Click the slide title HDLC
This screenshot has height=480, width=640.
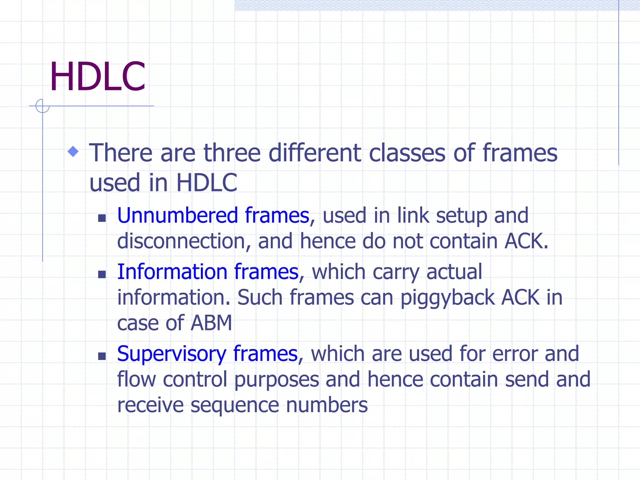[x=97, y=77]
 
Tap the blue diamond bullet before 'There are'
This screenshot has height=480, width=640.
[x=73, y=152]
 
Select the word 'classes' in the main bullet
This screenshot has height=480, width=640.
[x=407, y=153]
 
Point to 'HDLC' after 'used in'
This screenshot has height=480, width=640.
[x=207, y=182]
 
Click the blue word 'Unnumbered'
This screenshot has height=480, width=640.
[x=177, y=216]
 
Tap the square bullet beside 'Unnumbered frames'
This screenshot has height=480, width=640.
[x=102, y=218]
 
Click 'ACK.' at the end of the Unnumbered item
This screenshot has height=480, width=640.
[x=526, y=241]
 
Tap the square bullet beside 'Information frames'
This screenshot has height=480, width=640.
[x=102, y=274]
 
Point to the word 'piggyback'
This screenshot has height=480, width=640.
[x=447, y=297]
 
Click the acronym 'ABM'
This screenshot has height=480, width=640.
[x=211, y=323]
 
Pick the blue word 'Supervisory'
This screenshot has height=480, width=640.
[x=172, y=354]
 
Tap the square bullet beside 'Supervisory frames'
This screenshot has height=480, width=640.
[x=102, y=356]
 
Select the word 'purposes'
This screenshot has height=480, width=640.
[x=277, y=380]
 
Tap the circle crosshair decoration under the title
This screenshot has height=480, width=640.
[x=42, y=106]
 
